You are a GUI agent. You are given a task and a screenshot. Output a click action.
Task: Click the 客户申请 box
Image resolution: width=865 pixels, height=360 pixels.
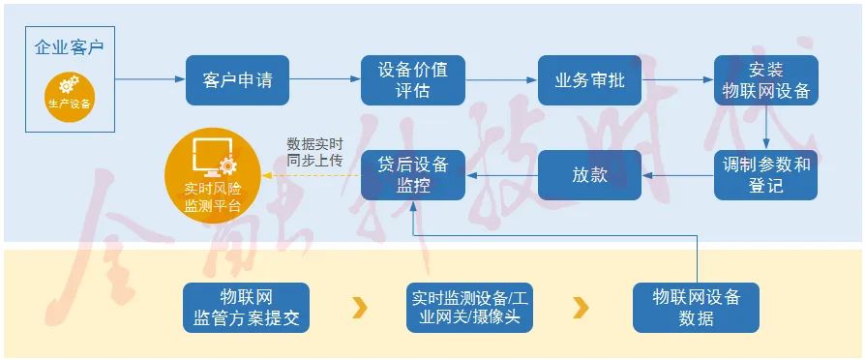[x=238, y=80]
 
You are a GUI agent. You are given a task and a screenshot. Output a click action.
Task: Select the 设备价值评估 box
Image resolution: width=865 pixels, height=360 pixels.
[x=413, y=80]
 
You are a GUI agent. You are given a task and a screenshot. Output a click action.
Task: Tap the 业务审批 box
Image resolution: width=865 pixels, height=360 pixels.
[x=589, y=80]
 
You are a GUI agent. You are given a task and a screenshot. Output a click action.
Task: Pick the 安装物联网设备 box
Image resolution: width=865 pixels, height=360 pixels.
[x=766, y=80]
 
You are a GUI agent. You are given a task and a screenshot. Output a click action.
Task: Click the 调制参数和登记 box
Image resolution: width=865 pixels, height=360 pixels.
[x=766, y=175]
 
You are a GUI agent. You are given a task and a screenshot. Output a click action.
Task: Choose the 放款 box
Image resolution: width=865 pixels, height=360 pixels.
[x=589, y=175]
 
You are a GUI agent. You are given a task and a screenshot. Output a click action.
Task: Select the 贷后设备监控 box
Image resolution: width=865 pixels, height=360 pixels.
[x=413, y=175]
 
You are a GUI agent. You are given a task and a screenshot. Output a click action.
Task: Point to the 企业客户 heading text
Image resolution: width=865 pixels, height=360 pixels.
[x=69, y=46]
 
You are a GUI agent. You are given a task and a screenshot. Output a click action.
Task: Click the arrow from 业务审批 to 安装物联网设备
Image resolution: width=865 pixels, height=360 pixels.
[x=678, y=80]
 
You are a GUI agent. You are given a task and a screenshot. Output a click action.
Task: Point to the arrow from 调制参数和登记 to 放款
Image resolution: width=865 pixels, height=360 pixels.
[x=678, y=175]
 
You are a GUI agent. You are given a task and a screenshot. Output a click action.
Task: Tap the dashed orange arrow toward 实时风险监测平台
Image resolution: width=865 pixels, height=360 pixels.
[x=310, y=175]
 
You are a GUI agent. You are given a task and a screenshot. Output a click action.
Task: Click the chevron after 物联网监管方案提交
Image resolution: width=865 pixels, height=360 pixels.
[x=360, y=308]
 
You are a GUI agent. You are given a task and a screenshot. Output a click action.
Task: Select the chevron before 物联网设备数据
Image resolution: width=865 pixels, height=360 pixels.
[x=581, y=308]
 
